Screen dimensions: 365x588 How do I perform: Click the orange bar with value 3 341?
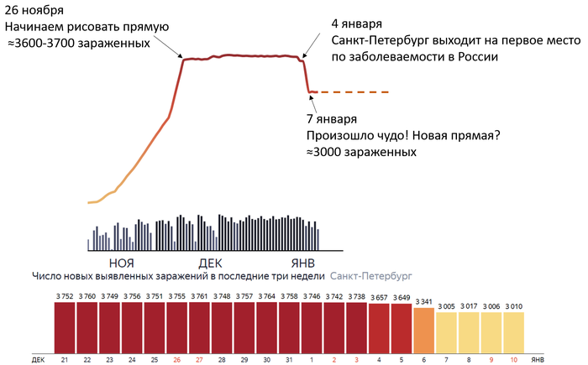point(423,327)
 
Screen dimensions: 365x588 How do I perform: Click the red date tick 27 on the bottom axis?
point(198,359)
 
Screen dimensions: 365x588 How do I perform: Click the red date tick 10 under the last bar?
point(514,359)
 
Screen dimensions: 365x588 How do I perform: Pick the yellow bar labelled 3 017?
point(469,331)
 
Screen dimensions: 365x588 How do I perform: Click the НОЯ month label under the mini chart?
point(123,261)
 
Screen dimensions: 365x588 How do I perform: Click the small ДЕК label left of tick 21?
point(38,359)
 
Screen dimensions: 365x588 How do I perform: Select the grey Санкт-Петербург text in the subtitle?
point(372,275)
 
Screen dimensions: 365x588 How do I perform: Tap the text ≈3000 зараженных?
point(362,154)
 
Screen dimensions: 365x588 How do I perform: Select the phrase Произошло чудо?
point(357,136)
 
